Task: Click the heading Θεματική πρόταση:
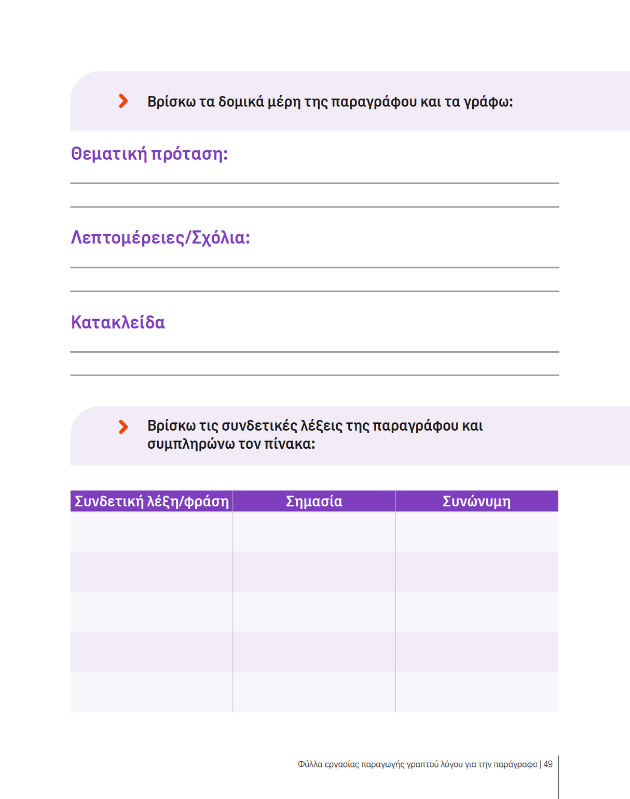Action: coord(149,154)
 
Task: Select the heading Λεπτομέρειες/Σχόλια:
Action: coord(160,238)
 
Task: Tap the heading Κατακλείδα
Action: coord(118,322)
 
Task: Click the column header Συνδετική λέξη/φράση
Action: coord(152,501)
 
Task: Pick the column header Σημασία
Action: coord(314,501)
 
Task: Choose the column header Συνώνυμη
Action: coord(476,501)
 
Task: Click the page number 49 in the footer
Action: coord(548,764)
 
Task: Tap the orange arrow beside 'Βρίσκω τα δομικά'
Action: coord(123,101)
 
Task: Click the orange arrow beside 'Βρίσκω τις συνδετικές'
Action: coord(123,426)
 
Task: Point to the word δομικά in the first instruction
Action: coord(241,102)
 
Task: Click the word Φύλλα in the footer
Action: coord(310,764)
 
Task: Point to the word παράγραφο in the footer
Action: coord(515,764)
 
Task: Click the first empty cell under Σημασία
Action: coord(314,531)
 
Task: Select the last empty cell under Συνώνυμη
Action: coord(476,692)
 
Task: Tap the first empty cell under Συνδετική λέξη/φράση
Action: coord(152,531)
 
